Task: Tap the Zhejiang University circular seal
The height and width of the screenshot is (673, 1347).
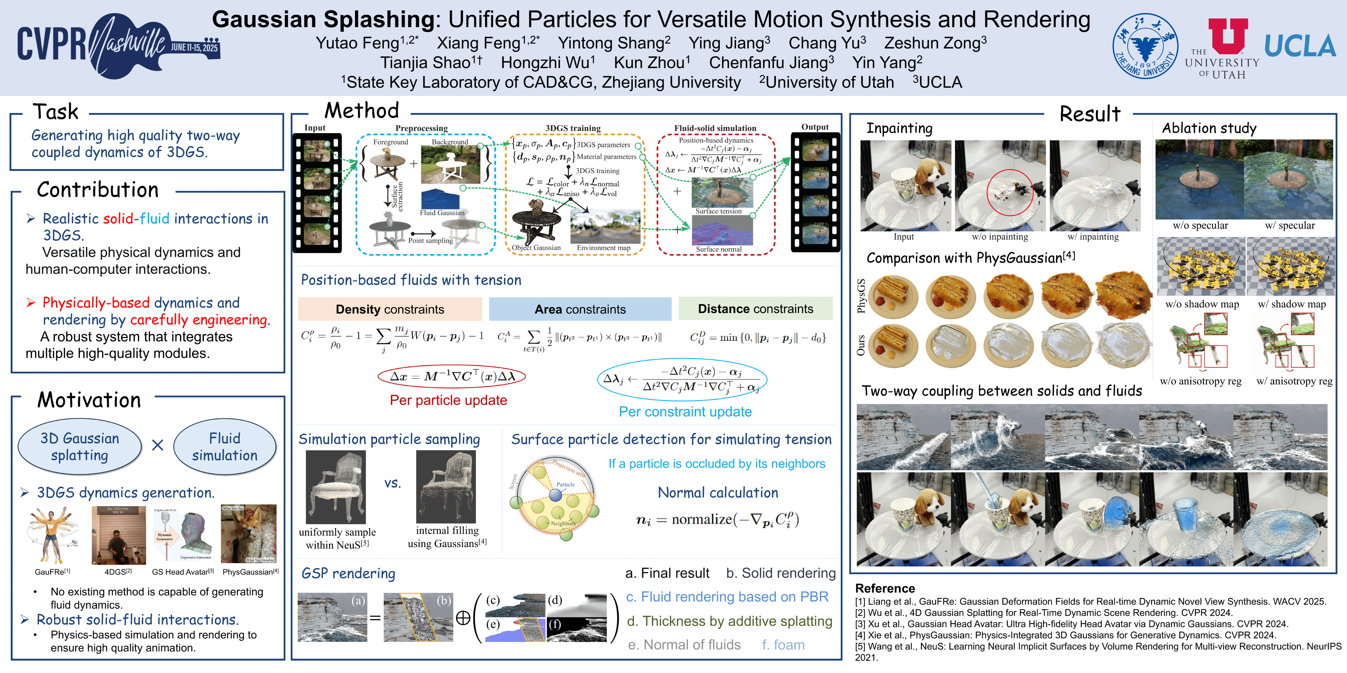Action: [x=1145, y=46]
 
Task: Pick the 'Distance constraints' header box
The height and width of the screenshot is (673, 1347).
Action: [x=755, y=309]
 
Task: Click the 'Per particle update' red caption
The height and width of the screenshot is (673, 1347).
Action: [x=448, y=400]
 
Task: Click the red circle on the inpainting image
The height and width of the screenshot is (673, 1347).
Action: [x=1010, y=192]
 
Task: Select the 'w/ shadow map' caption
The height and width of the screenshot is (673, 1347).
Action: [x=1291, y=304]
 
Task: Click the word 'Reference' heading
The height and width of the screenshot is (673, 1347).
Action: [x=885, y=588]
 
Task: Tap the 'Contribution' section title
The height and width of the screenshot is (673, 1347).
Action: [x=98, y=190]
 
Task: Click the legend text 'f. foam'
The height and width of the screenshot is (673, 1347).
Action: [x=783, y=645]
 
